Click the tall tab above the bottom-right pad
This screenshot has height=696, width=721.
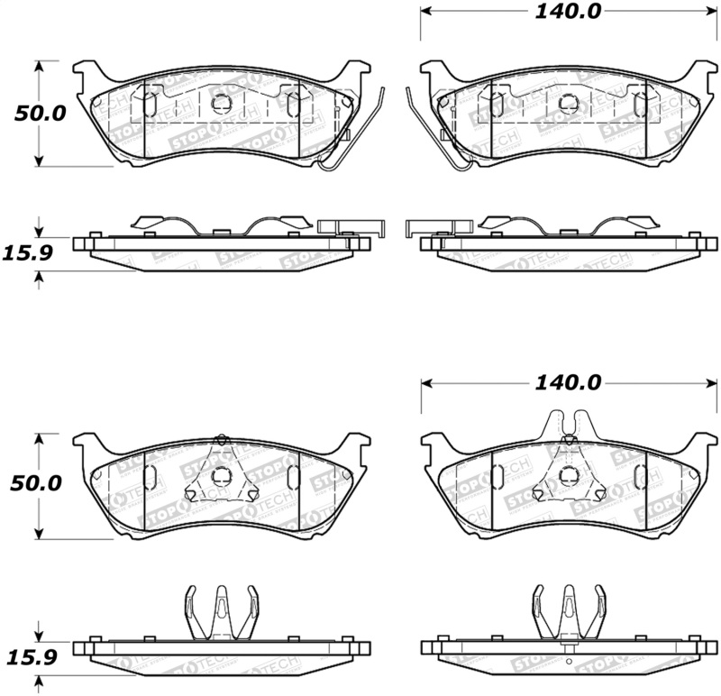click(x=569, y=424)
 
